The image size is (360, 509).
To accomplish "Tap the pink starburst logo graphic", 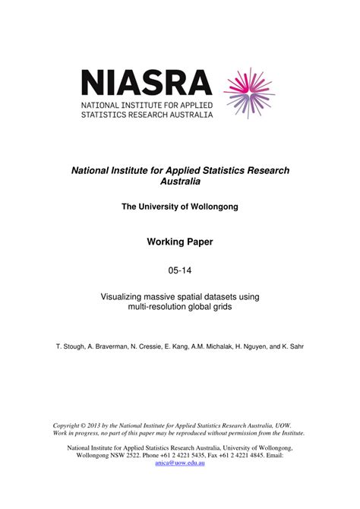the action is pos(251,93).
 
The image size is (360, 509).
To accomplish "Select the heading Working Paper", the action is pos(180,242).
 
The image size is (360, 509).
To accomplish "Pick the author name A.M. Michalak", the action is pos(218,346).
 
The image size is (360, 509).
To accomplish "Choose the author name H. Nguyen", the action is pos(257,346).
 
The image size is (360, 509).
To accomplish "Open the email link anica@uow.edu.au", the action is pos(180,463).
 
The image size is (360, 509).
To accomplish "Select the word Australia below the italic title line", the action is pos(180,182).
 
